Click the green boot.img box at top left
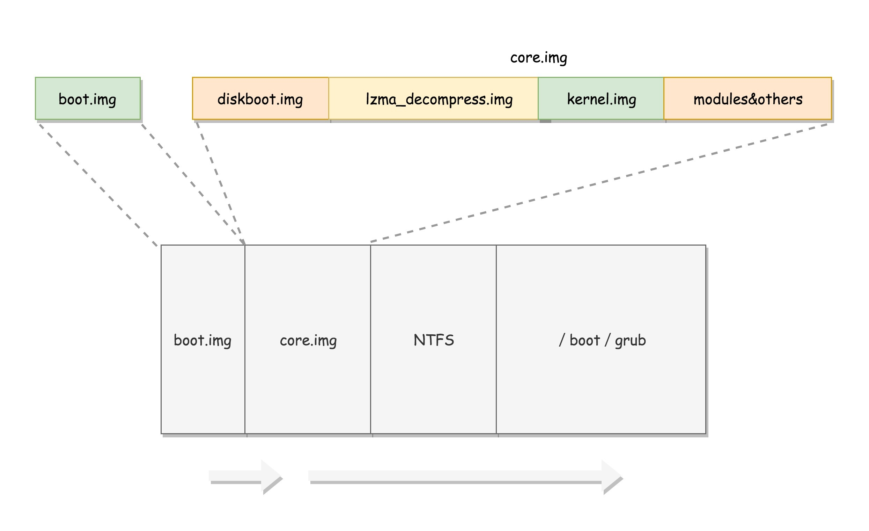pyautogui.click(x=88, y=99)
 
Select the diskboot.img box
pyautogui.click(x=260, y=99)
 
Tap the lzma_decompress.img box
pyautogui.click(x=433, y=99)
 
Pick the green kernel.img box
pyautogui.click(x=601, y=99)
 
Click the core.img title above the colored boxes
pyautogui.click(x=538, y=58)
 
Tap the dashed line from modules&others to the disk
pyautogui.click(x=599, y=183)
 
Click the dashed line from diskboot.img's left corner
pyautogui.click(x=220, y=183)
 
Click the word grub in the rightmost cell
pyautogui.click(x=630, y=341)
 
